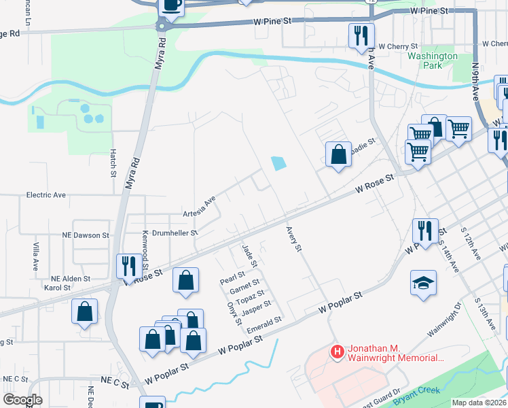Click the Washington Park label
point(433,61)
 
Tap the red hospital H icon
point(336,352)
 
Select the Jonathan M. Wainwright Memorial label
point(395,353)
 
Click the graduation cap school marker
point(423,282)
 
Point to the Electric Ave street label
point(46,195)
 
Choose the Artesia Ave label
point(199,208)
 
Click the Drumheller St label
point(175,233)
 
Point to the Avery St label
point(293,239)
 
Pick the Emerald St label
point(264,324)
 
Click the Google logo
point(22,400)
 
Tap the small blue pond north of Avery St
point(278,163)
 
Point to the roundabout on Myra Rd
point(162,27)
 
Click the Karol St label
point(57,288)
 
